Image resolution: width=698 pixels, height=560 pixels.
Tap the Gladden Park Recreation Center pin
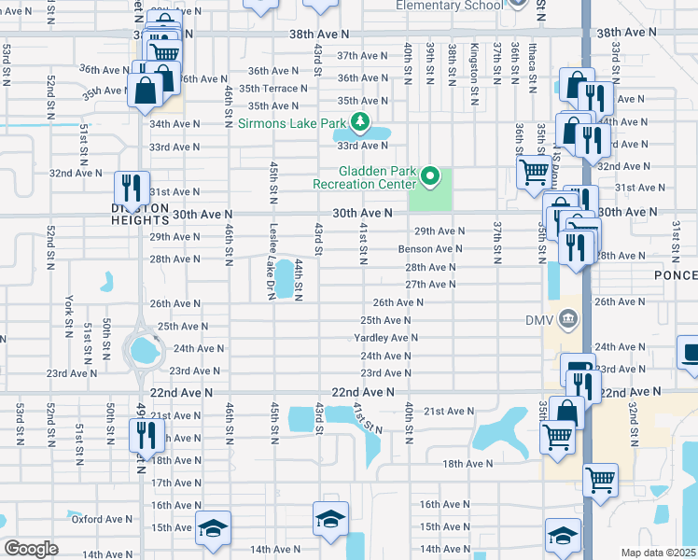coord(429,175)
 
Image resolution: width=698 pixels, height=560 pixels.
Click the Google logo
coord(31,549)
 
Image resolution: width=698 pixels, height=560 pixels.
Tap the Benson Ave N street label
coord(430,249)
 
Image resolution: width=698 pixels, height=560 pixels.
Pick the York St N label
coord(69,315)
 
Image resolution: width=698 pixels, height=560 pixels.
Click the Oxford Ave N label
coord(103,519)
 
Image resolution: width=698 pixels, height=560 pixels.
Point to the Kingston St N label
coord(475,61)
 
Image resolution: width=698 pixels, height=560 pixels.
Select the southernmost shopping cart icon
coord(600,480)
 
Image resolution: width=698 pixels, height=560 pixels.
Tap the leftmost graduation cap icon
coord(213,528)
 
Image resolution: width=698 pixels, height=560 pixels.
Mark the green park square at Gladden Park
coord(430,190)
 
